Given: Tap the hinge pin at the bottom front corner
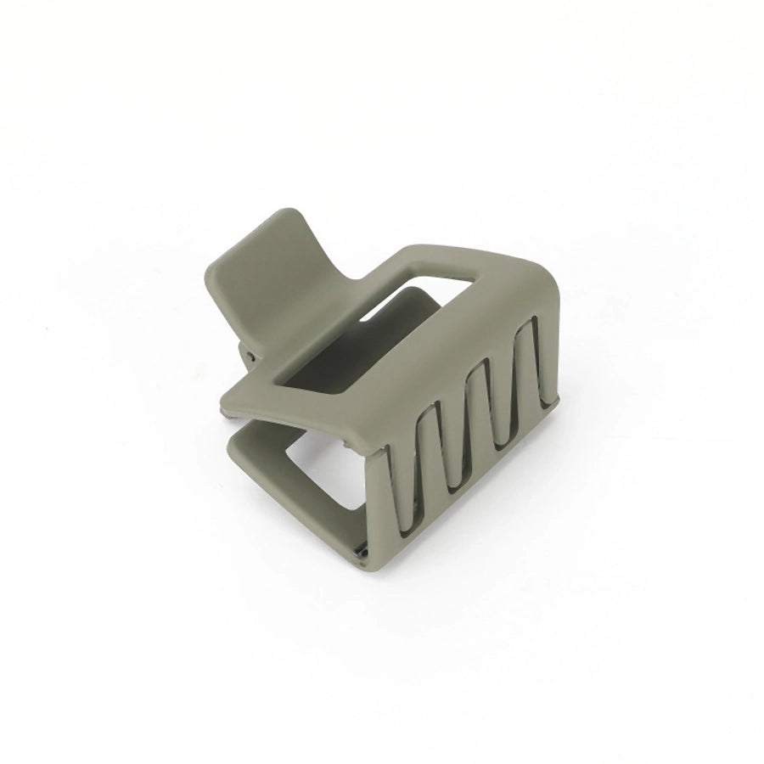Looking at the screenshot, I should click(362, 553).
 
